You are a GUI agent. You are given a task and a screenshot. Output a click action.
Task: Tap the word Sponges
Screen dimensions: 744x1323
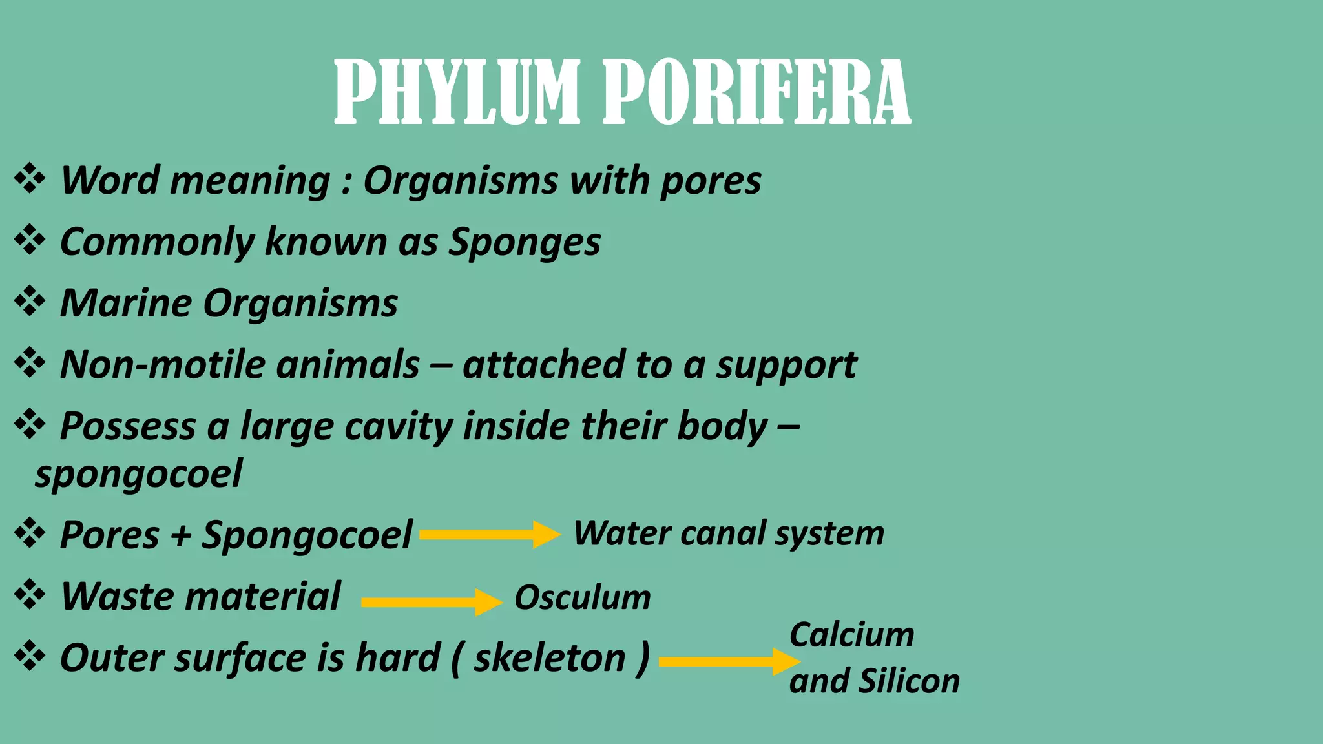click(525, 242)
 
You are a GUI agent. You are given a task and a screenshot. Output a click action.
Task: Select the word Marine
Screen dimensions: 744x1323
click(125, 303)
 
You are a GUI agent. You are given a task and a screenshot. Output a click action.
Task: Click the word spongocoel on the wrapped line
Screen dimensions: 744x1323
click(139, 474)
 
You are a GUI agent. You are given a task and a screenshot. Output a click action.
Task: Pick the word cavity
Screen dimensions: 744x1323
click(398, 426)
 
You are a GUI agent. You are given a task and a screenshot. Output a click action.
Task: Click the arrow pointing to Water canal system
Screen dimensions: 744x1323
click(490, 534)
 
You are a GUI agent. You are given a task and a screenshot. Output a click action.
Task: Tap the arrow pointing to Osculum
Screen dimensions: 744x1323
click(432, 602)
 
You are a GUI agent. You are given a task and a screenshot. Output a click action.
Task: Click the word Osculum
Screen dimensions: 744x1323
click(583, 597)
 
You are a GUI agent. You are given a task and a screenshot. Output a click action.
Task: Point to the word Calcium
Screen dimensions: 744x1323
click(851, 635)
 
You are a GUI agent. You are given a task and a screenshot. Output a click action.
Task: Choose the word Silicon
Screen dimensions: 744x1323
click(909, 681)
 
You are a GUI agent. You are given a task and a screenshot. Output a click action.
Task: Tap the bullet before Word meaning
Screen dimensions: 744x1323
click(30, 179)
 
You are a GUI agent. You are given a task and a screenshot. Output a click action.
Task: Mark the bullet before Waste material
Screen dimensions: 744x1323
click(30, 595)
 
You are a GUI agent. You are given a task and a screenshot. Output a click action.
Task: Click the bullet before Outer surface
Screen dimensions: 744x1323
click(30, 657)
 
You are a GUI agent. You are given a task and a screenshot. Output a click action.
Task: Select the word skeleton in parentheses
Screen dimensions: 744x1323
click(550, 658)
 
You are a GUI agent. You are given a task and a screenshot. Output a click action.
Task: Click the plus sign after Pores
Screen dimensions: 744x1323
click(180, 536)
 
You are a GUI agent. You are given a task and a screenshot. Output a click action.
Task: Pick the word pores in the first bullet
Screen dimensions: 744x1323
click(710, 181)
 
